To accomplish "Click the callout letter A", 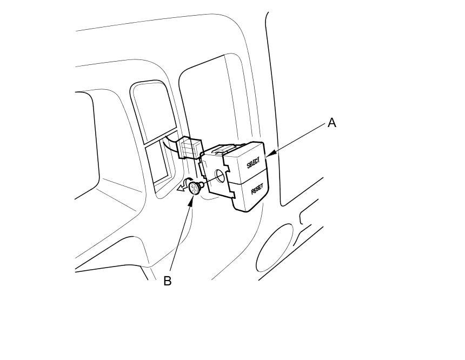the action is click(331, 123).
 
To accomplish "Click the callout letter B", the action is click(168, 281).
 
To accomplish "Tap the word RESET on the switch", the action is click(257, 190).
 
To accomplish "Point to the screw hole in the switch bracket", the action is click(220, 176).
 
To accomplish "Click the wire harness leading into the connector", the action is click(171, 143).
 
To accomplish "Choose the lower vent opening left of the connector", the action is click(158, 161).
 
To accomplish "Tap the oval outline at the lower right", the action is click(274, 248).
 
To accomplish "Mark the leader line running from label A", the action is click(297, 139).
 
